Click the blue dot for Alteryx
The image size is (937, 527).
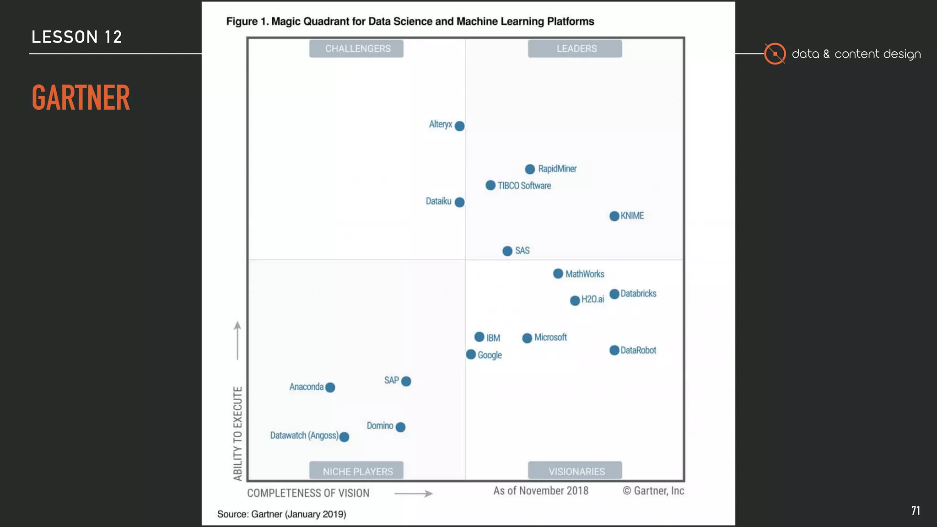click(x=459, y=126)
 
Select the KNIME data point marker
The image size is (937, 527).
click(x=614, y=216)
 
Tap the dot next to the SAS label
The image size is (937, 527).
click(x=507, y=251)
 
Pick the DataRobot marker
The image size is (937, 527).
click(x=614, y=350)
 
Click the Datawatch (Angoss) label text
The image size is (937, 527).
click(x=304, y=436)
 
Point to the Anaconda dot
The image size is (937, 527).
click(x=330, y=387)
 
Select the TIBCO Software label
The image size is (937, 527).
click(x=524, y=186)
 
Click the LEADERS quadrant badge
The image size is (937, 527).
click(x=575, y=48)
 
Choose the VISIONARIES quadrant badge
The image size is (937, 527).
click(x=575, y=471)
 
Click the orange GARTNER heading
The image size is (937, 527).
click(x=81, y=97)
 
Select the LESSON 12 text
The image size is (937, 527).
click(x=76, y=37)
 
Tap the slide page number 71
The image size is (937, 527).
click(x=915, y=511)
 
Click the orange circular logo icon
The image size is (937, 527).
click(x=775, y=54)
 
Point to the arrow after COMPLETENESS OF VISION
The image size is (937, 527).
click(x=413, y=494)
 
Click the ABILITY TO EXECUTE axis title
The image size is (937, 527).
click(x=237, y=433)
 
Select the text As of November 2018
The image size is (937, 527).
click(x=540, y=491)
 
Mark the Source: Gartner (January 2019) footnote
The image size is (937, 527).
click(x=281, y=514)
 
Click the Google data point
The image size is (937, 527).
click(x=470, y=355)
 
